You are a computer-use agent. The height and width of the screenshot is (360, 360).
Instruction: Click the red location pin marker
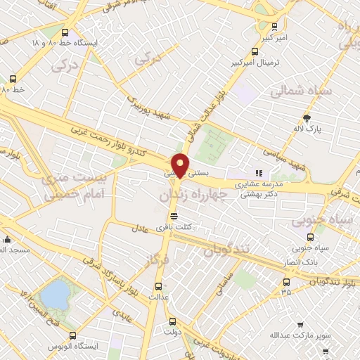[181, 165]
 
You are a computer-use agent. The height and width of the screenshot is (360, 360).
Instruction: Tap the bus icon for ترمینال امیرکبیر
[255, 51]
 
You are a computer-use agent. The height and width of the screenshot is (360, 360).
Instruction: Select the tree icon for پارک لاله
[306, 117]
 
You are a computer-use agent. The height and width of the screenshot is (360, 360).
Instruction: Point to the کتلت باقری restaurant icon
[174, 216]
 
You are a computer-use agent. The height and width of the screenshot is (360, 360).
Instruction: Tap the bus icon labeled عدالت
[158, 285]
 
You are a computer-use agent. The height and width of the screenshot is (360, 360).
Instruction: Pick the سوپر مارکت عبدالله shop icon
[300, 325]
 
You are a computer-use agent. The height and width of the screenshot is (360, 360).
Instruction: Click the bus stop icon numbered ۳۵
[285, 281]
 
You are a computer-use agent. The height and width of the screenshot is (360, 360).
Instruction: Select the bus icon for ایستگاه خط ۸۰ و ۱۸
[65, 32]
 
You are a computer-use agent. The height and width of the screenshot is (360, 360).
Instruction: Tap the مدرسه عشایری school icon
[259, 172]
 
